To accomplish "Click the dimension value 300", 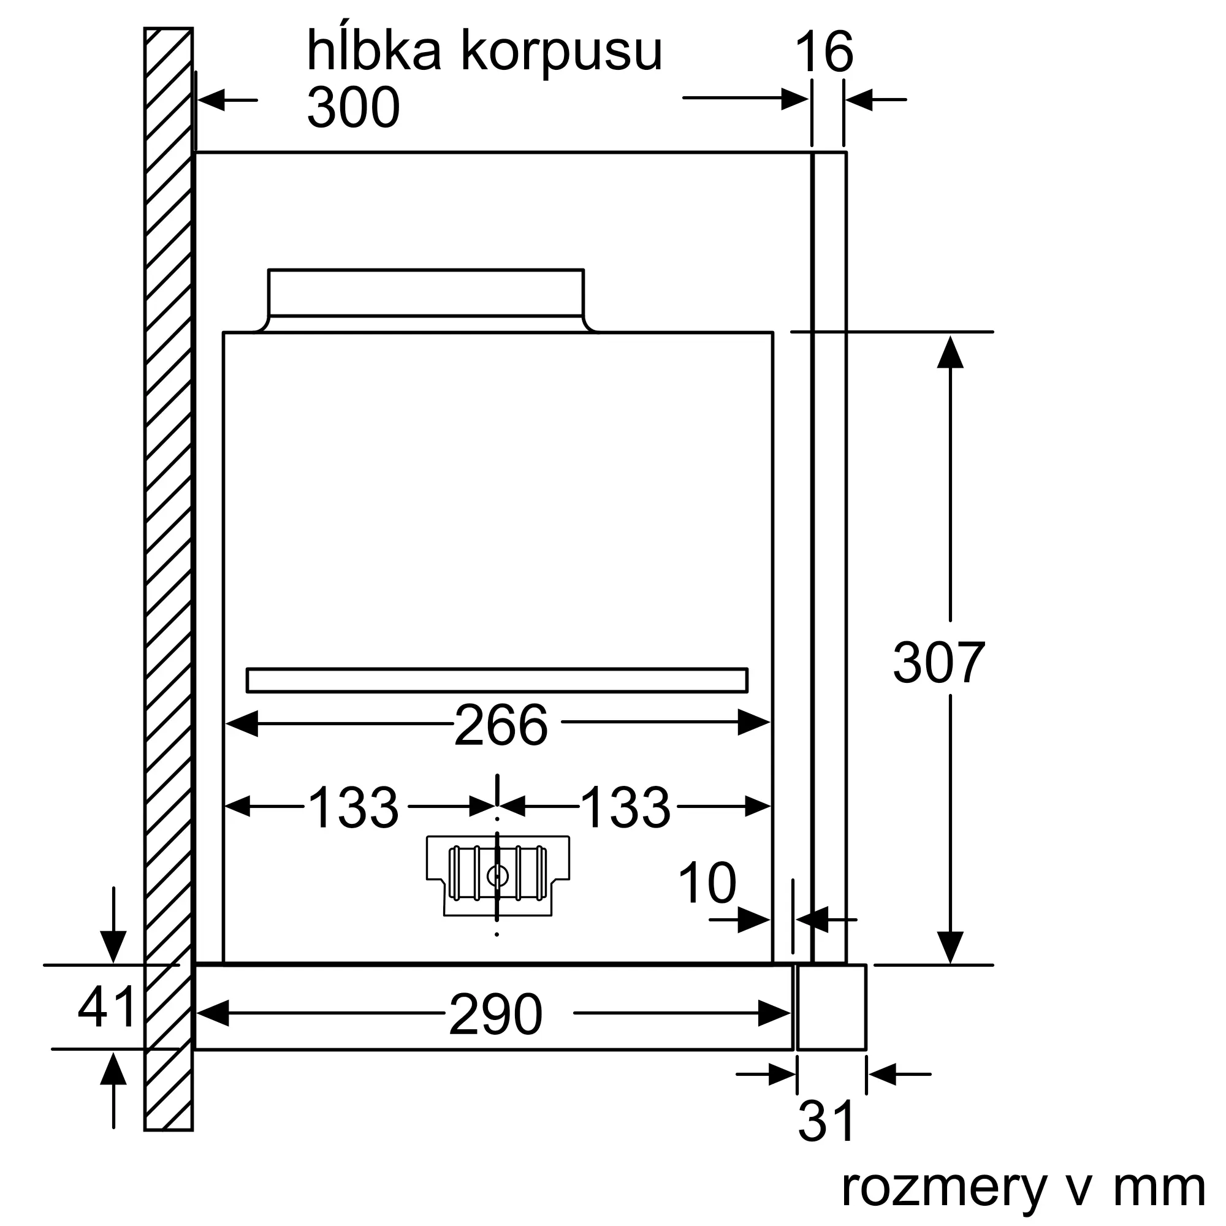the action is [x=354, y=108].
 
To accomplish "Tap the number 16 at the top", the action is [x=824, y=53].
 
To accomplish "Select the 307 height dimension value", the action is [x=939, y=663].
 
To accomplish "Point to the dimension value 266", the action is [x=501, y=725].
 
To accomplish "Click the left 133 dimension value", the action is [x=353, y=808].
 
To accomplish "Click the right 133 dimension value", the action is [x=625, y=808].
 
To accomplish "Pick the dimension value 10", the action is [x=707, y=883].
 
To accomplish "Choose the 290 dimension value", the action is [x=495, y=1015].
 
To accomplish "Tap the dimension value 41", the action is [x=107, y=1007].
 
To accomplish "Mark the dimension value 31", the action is [x=826, y=1122].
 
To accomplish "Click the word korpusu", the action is [x=562, y=51].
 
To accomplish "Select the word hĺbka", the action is [x=374, y=51].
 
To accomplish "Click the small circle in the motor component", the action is [x=497, y=877].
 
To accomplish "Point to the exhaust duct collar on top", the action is [x=426, y=292].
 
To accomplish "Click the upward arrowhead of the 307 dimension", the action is [x=950, y=353].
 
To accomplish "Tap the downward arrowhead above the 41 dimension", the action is [x=113, y=946].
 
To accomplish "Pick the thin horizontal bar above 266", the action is [x=497, y=680].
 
